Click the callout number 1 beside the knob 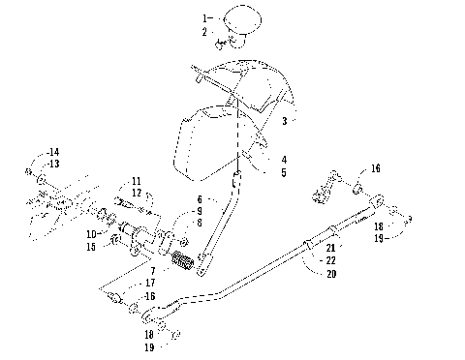204,18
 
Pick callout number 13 53,164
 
